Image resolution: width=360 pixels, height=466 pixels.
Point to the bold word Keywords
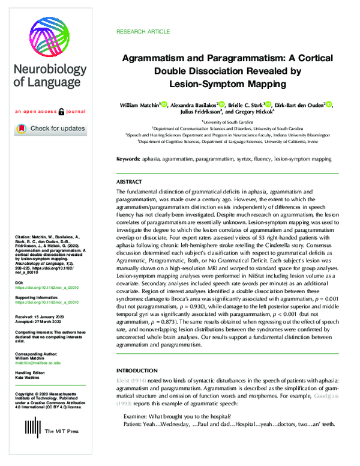coord(129,159)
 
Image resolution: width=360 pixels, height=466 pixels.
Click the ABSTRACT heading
coord(130,181)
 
